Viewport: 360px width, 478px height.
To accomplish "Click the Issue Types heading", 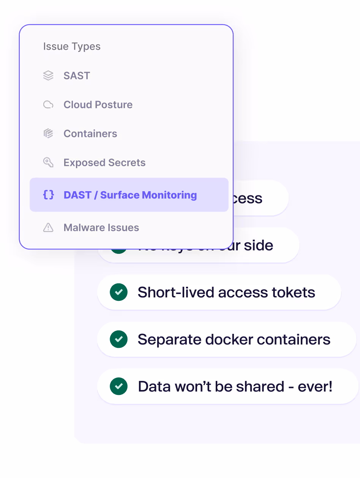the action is tap(72, 47).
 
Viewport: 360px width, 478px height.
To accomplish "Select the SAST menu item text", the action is tap(77, 76).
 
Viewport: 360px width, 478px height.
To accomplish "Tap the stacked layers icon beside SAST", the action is tap(48, 76).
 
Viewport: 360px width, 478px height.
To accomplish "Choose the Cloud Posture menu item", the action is tap(98, 105).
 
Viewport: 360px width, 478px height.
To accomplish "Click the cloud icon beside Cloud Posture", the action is tap(48, 105).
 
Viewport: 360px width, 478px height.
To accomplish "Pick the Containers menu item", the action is tap(90, 134).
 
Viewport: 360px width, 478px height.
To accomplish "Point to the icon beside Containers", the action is tap(48, 134).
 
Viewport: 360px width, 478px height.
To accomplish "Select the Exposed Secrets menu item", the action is tap(104, 163).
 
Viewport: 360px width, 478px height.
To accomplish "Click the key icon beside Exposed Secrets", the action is tap(48, 163).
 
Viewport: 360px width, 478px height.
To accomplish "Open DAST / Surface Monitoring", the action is tap(130, 195).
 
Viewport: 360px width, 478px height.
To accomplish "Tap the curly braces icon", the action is tap(48, 195).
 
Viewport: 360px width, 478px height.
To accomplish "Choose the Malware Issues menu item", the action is tap(101, 228).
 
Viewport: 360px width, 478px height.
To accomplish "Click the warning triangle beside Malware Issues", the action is tap(48, 228).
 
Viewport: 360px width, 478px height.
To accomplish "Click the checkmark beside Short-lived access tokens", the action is tap(118, 292).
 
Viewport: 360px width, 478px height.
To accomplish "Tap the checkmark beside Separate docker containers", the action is tap(118, 339).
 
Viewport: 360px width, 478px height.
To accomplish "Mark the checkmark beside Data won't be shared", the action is tap(118, 386).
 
